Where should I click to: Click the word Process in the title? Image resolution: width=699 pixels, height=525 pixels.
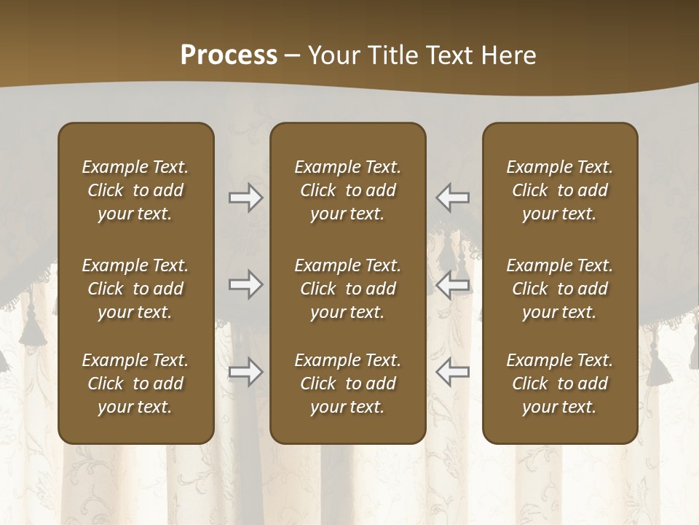(x=229, y=55)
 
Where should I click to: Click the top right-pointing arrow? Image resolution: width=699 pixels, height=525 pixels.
(x=246, y=198)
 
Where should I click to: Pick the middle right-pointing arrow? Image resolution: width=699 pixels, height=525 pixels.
(x=246, y=284)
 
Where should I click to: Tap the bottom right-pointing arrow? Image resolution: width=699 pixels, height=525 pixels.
(x=246, y=373)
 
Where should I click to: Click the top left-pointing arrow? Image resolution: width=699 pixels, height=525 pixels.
(x=452, y=198)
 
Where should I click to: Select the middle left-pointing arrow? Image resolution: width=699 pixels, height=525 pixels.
(x=452, y=284)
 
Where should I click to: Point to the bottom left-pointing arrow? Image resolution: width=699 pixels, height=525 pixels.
(x=452, y=373)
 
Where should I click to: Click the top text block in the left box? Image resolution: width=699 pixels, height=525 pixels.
(x=135, y=190)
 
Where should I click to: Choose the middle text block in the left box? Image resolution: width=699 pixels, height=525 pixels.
(x=135, y=289)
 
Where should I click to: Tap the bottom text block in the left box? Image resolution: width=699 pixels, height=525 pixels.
(x=135, y=384)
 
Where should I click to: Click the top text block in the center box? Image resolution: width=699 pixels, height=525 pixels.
(x=347, y=190)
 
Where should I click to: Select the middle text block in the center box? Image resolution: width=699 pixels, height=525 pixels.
(x=347, y=289)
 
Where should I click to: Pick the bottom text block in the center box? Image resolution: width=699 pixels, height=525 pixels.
(x=347, y=384)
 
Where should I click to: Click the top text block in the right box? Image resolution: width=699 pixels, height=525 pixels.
(x=559, y=190)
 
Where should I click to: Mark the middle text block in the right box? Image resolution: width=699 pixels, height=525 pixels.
(x=559, y=289)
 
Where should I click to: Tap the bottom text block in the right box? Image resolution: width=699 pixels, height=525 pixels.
(x=559, y=384)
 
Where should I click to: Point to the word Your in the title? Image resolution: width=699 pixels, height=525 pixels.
(x=332, y=55)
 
